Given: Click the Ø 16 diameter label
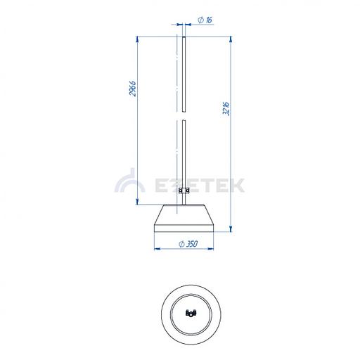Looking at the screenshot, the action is click(x=205, y=20).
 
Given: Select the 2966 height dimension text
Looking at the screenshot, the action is click(x=133, y=89).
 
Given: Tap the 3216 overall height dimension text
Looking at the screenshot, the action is click(x=226, y=108).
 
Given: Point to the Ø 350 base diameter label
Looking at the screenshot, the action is click(x=188, y=244).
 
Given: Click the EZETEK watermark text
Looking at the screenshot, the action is click(x=200, y=186).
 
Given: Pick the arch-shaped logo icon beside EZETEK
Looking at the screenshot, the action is click(x=129, y=181).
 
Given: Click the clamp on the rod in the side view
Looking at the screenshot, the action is click(x=184, y=191).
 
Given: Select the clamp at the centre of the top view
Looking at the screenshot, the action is click(x=191, y=314).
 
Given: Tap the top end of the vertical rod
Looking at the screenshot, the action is click(x=184, y=37).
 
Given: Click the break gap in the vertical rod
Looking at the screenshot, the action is click(x=184, y=116).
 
